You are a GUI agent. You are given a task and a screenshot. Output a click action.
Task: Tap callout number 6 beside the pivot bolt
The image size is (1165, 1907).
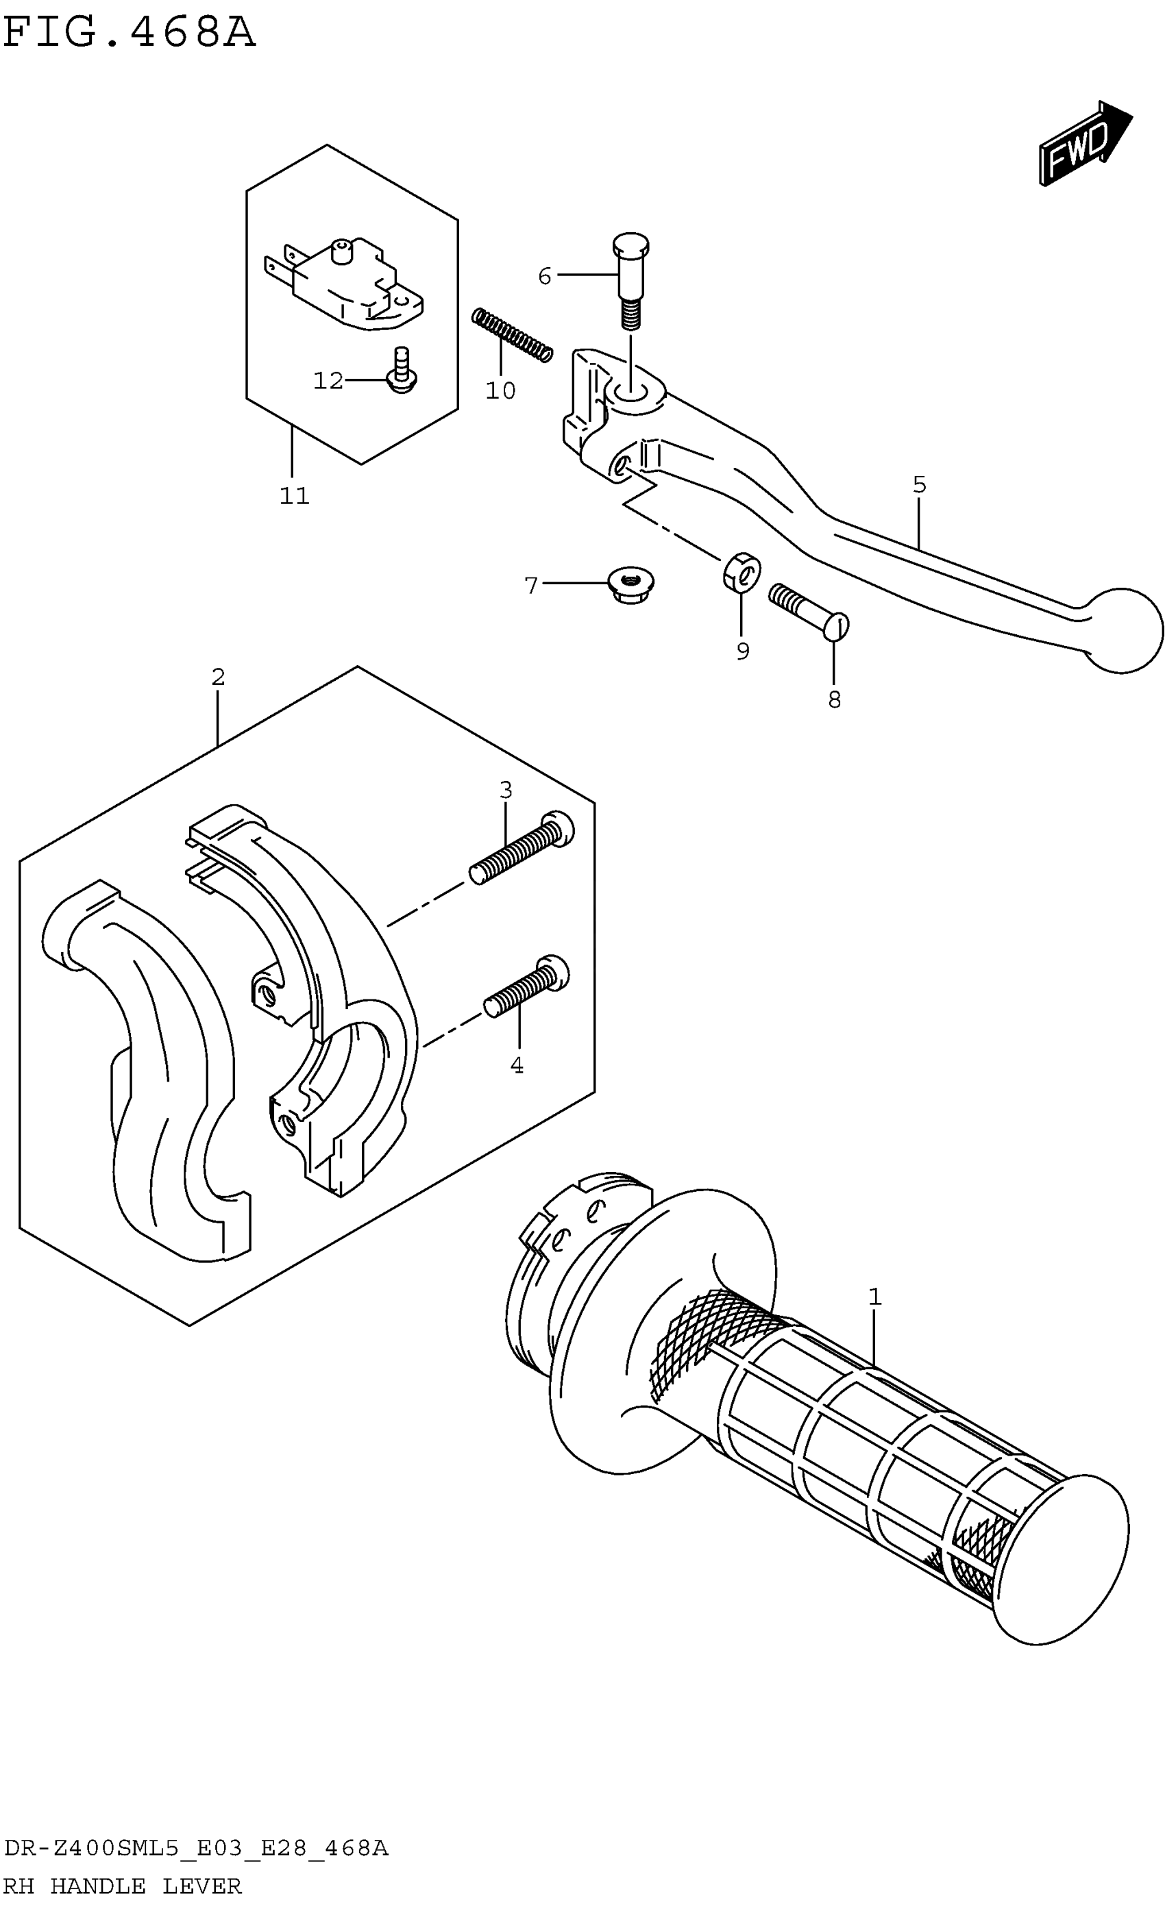(544, 276)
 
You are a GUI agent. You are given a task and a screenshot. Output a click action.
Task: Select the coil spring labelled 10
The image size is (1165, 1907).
(513, 334)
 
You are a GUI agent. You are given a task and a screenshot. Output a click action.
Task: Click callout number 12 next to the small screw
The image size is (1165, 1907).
(328, 381)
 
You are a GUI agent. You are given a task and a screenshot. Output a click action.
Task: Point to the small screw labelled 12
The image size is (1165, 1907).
(401, 371)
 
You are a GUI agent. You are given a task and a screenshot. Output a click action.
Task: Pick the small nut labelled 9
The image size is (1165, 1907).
(741, 573)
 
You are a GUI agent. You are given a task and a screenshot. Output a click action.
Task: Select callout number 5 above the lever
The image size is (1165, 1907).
(919, 485)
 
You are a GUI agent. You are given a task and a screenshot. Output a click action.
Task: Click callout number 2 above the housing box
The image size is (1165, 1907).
(219, 677)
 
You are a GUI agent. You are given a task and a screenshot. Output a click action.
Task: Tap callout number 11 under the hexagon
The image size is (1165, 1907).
(294, 495)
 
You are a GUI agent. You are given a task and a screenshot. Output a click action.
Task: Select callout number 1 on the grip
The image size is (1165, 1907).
(874, 1297)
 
